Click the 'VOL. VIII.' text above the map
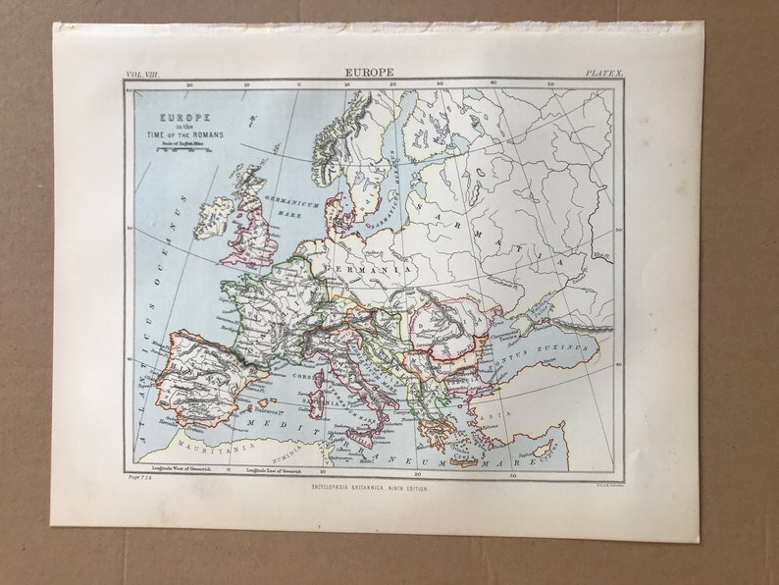[x=142, y=74]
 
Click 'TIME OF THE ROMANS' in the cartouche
[x=176, y=133]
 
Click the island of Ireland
[x=213, y=218]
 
